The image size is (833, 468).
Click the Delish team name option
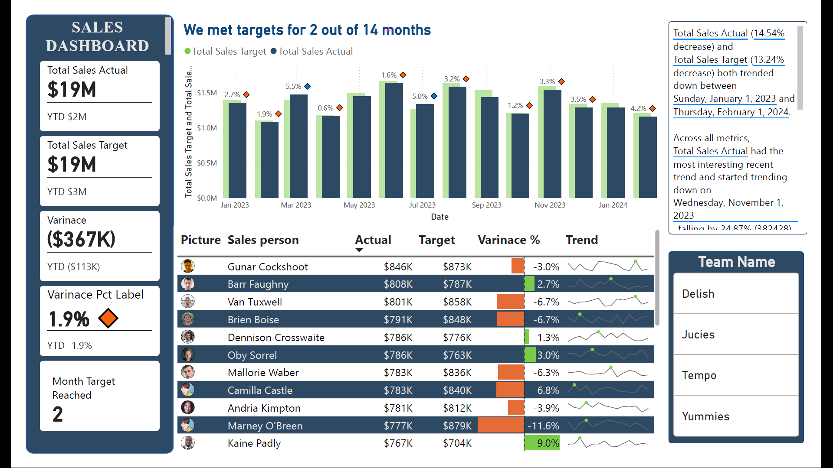click(698, 294)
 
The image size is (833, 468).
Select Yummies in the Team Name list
click(705, 416)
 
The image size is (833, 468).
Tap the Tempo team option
click(699, 375)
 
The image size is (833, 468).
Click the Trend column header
click(581, 240)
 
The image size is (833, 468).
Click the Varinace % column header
click(508, 240)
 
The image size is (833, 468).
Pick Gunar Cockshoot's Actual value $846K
click(398, 267)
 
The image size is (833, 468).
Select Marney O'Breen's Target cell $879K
click(457, 426)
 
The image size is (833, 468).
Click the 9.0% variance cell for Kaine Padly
click(548, 443)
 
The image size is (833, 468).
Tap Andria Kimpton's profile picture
click(188, 408)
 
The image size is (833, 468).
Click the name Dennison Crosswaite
click(276, 338)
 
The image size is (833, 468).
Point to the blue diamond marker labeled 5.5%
click(308, 86)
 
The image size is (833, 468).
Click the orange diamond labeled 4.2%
click(653, 108)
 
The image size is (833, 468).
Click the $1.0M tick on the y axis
click(207, 128)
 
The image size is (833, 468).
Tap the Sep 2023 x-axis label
click(486, 205)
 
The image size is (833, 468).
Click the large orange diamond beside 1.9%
click(108, 318)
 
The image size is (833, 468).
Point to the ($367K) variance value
click(81, 239)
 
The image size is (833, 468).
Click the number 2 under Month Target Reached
click(58, 414)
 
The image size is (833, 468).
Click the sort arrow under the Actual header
click(359, 250)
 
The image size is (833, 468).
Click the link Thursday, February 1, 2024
click(731, 112)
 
